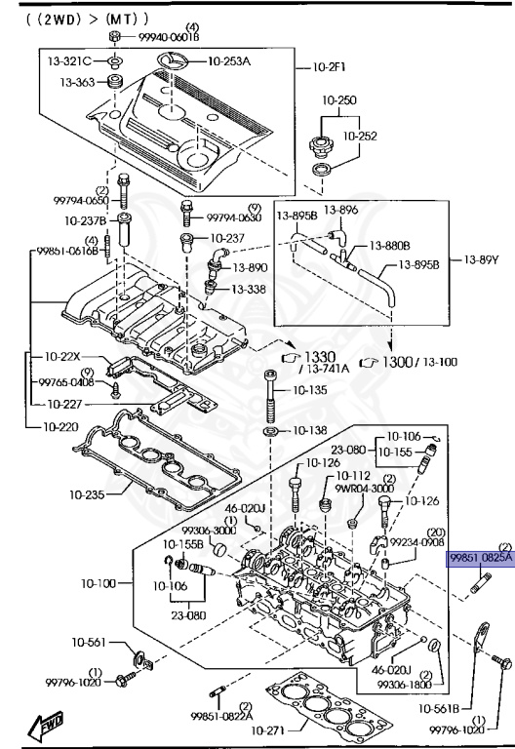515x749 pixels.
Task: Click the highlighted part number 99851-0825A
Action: point(480,558)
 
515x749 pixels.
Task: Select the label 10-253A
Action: point(228,60)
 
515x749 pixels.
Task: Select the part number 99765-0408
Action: point(67,383)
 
